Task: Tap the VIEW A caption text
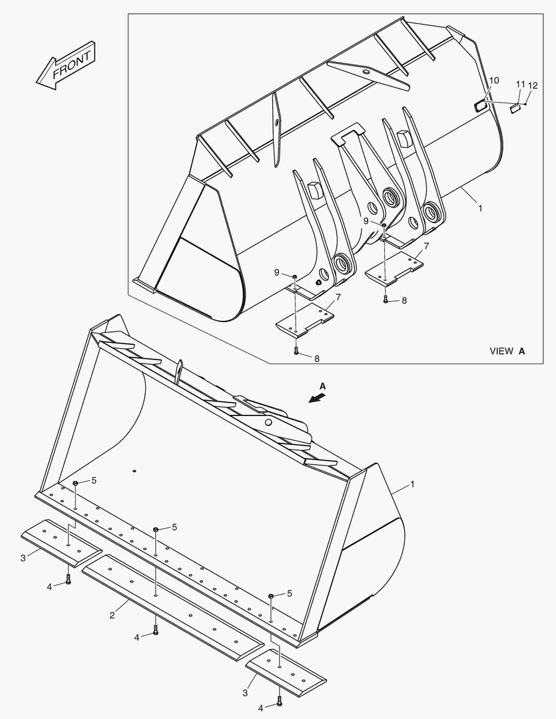click(507, 351)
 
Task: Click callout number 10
click(493, 81)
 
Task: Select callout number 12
click(533, 85)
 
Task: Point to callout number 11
click(520, 84)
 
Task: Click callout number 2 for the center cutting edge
click(112, 616)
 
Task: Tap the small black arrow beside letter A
click(318, 397)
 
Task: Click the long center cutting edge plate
click(173, 603)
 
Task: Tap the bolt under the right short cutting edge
click(279, 700)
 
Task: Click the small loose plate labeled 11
click(513, 108)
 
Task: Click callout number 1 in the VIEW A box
click(480, 208)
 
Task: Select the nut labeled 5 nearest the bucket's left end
click(76, 482)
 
